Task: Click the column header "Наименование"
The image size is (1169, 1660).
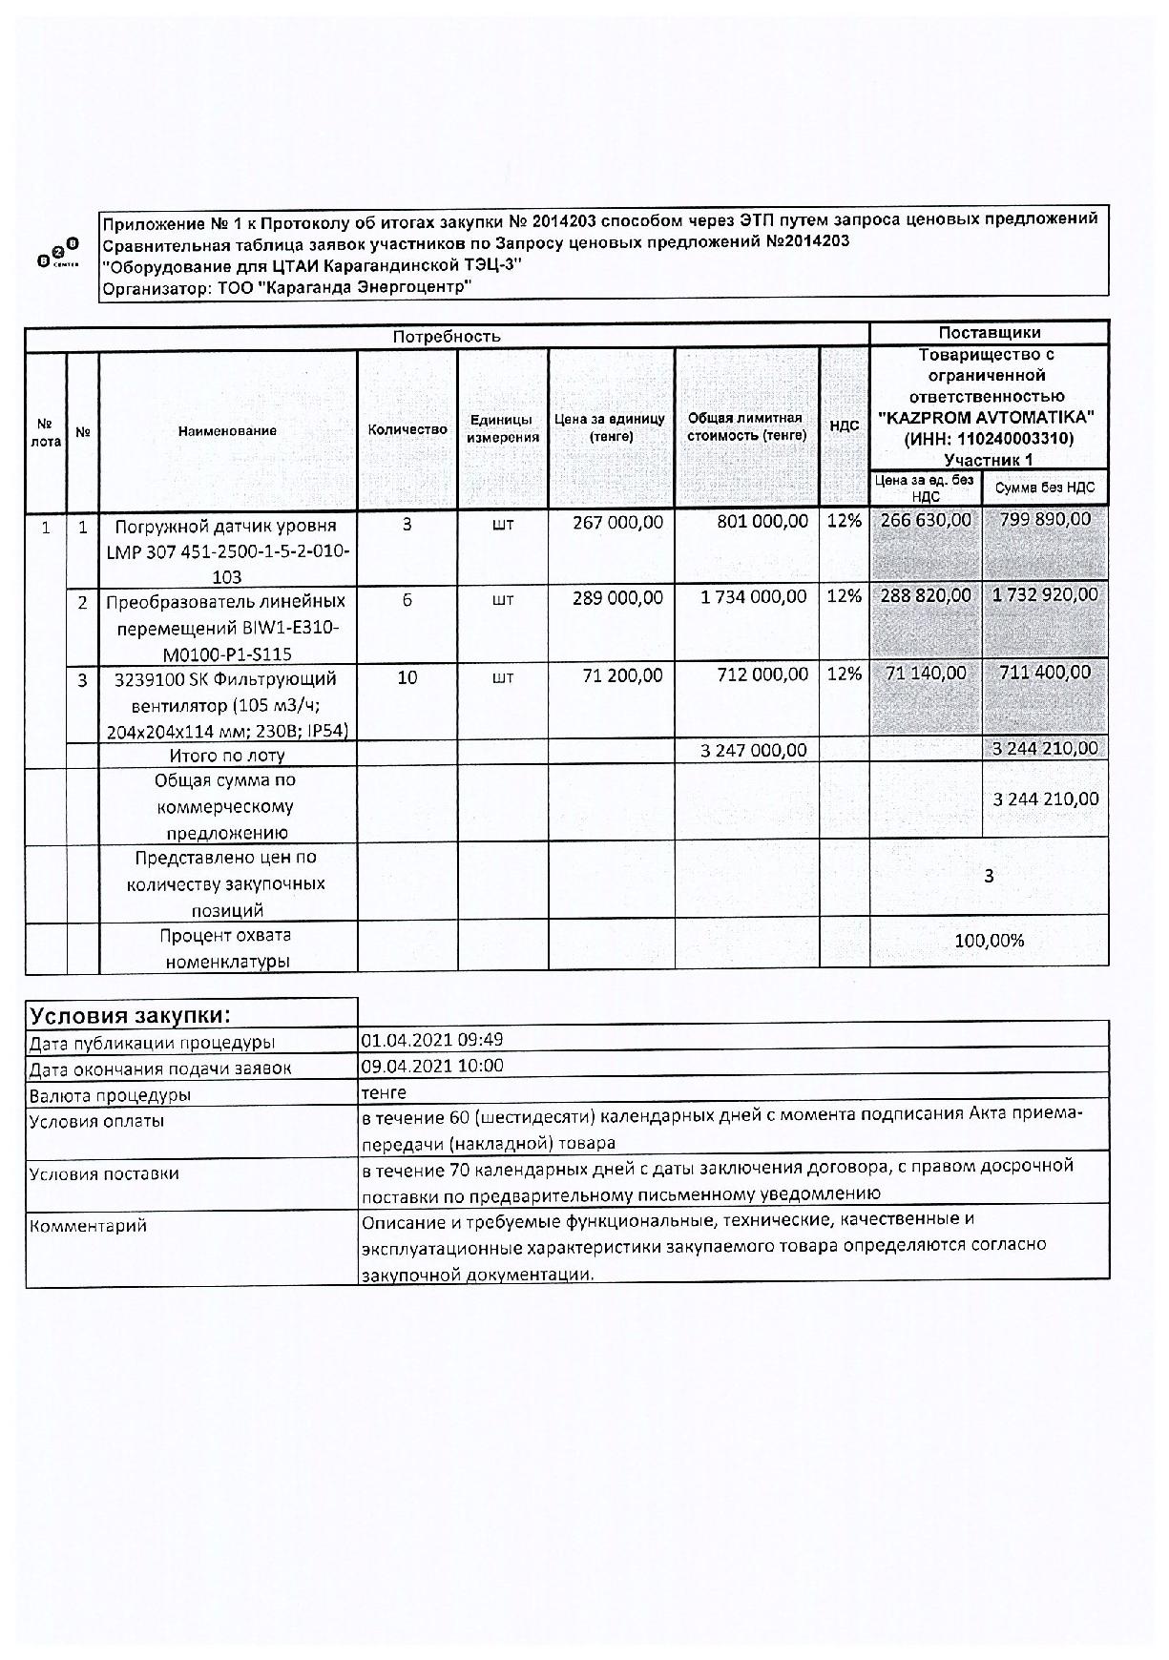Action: tap(227, 431)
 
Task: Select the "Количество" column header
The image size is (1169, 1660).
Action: tap(407, 430)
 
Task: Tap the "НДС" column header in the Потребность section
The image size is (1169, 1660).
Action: tap(845, 425)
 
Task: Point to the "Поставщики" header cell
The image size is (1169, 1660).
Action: tap(989, 333)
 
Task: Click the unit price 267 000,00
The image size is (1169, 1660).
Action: tap(617, 522)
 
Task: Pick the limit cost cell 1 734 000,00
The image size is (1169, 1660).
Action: tap(753, 597)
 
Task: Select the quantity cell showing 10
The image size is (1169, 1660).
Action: tap(407, 677)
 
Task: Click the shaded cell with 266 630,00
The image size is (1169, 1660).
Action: tap(926, 520)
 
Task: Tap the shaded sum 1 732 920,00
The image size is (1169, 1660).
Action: tap(1045, 595)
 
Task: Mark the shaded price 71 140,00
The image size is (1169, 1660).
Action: tap(926, 674)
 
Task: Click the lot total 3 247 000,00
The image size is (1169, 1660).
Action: tap(753, 751)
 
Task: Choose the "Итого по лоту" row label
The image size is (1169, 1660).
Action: tap(227, 756)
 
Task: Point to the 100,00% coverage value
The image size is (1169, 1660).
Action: tap(989, 942)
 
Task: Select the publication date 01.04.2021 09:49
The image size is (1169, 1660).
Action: tap(432, 1040)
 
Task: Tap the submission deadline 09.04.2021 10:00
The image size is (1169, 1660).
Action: tap(432, 1066)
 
